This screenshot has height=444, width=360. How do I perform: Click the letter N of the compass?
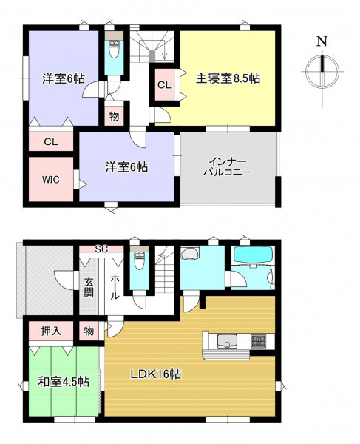(322, 41)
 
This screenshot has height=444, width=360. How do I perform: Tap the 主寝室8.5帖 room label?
(228, 78)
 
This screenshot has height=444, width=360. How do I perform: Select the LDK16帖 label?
(156, 374)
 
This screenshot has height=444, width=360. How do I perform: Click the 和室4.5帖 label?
(64, 382)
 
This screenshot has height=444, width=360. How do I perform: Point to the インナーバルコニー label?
(228, 167)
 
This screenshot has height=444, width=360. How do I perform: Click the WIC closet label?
(51, 180)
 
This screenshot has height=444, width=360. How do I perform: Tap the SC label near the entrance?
(101, 249)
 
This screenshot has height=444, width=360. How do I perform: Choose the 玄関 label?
(89, 287)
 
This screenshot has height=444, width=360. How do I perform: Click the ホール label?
(115, 287)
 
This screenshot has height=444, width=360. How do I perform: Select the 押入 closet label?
(51, 331)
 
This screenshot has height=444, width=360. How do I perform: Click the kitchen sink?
(227, 341)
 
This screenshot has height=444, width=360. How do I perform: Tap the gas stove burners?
(258, 341)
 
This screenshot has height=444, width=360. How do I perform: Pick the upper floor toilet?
(115, 49)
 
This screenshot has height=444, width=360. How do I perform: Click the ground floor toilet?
(139, 260)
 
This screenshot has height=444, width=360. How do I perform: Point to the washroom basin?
(189, 253)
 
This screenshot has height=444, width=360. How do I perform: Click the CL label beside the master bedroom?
(165, 85)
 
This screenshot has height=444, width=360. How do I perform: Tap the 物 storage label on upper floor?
(114, 116)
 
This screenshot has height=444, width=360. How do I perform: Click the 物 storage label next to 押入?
(89, 331)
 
